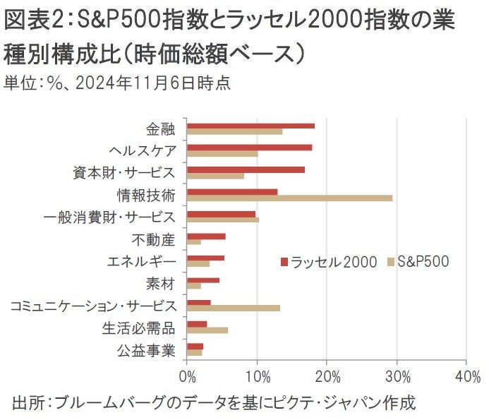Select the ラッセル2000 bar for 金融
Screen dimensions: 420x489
pyautogui.click(x=250, y=126)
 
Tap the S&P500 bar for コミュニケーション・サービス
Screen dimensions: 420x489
pyautogui.click(x=234, y=308)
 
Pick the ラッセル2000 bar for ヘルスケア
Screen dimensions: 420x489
pyautogui.click(x=249, y=148)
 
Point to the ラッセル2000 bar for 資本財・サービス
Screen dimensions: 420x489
pyautogui.click(x=246, y=169)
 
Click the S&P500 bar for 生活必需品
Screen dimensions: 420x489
pyautogui.click(x=207, y=330)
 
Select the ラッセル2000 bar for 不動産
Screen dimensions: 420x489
pyautogui.click(x=206, y=236)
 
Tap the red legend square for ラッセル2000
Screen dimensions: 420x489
pyautogui.click(x=284, y=262)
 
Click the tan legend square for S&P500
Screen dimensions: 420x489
pyautogui.click(x=391, y=262)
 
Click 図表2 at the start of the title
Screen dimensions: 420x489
pyautogui.click(x=29, y=21)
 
